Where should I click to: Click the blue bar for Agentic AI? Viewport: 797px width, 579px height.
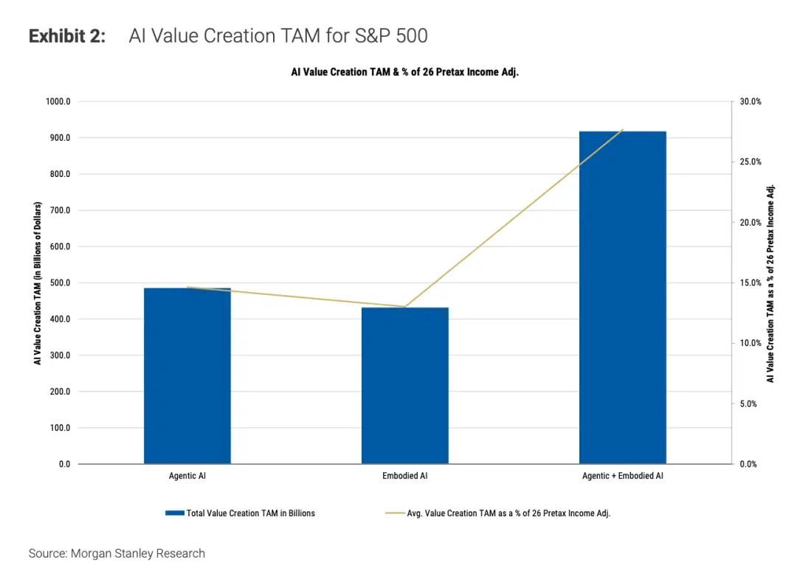point(187,375)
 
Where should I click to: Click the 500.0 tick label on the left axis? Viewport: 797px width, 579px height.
point(58,283)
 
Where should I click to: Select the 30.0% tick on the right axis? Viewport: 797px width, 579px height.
point(751,102)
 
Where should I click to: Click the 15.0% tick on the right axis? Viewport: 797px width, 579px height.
point(751,283)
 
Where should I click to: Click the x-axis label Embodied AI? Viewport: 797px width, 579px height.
point(404,476)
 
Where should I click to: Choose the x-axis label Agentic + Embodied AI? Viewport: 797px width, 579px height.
point(622,476)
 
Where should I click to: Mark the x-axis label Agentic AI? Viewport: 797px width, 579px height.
point(187,476)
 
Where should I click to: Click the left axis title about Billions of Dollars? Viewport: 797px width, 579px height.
point(37,283)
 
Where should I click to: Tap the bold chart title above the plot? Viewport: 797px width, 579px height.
point(404,72)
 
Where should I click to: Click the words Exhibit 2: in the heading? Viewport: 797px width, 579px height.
point(67,35)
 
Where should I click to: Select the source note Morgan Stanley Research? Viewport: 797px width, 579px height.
point(117,553)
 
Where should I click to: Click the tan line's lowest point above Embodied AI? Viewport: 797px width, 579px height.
point(404,307)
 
